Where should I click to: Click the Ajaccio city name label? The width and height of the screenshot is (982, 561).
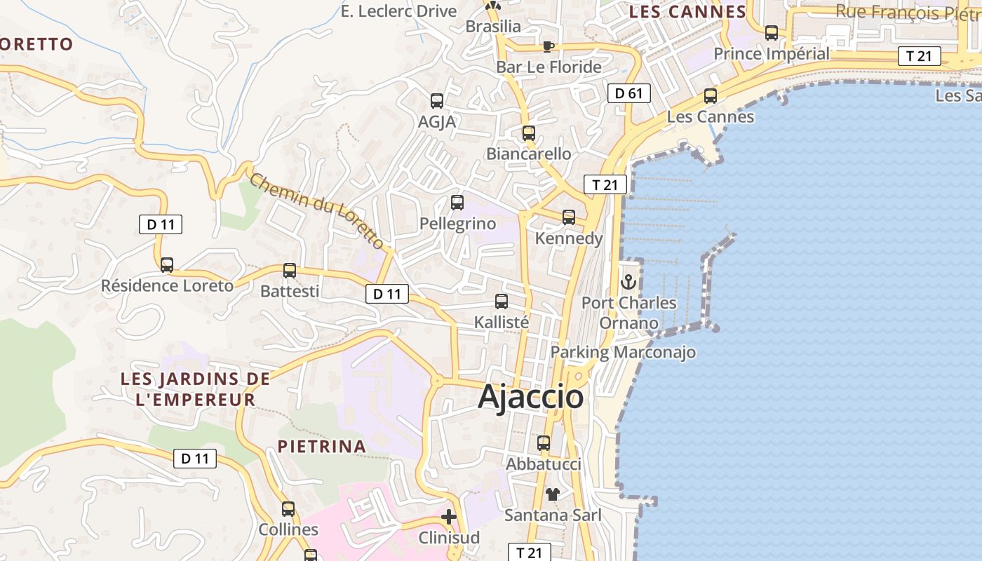(x=530, y=397)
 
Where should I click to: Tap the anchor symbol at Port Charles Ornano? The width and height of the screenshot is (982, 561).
(x=628, y=282)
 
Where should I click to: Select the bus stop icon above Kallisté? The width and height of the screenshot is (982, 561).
(x=502, y=302)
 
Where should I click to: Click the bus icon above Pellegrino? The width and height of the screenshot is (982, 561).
(x=457, y=203)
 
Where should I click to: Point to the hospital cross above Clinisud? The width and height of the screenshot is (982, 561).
(x=449, y=518)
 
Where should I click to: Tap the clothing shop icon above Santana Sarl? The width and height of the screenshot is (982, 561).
(x=553, y=494)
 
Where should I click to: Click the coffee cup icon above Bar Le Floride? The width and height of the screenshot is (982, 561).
(x=549, y=46)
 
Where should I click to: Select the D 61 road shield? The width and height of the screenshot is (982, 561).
(x=628, y=93)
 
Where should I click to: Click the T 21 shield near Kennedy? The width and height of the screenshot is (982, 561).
(x=605, y=184)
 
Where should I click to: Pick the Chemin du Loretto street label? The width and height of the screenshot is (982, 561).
(x=317, y=210)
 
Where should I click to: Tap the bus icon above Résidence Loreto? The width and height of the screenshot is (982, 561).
(x=167, y=265)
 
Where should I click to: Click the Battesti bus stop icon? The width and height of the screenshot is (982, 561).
(x=290, y=271)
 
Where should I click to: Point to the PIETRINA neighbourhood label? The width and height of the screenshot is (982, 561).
(x=321, y=446)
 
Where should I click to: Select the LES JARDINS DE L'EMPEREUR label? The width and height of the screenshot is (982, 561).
(x=195, y=389)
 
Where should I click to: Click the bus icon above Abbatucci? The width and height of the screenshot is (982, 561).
(x=544, y=443)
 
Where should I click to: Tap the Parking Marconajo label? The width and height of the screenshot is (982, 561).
(x=623, y=352)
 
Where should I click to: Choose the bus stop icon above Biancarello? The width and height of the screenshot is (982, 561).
(x=529, y=133)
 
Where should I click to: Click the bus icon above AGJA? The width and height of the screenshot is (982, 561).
(x=437, y=101)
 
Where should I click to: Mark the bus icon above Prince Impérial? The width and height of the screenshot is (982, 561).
(x=772, y=33)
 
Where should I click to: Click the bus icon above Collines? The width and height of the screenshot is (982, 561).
(x=288, y=509)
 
